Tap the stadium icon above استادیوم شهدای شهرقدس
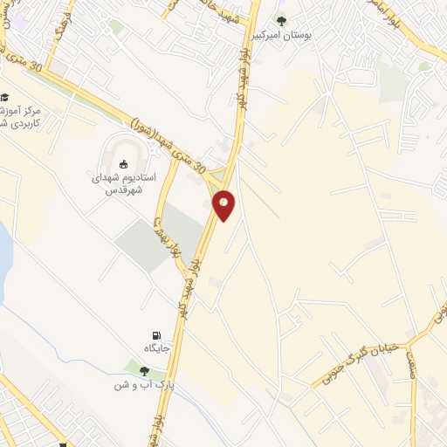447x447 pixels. pyautogui.click(x=124, y=163)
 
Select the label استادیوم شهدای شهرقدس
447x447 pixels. pyautogui.click(x=124, y=183)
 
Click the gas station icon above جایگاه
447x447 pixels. pyautogui.click(x=156, y=335)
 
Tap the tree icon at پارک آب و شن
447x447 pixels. pyautogui.click(x=144, y=370)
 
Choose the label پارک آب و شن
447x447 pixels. pyautogui.click(x=144, y=384)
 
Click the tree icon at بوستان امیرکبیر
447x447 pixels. pyautogui.click(x=281, y=20)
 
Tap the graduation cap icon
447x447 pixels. pyautogui.click(x=5, y=98)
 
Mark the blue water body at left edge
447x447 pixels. pyautogui.click(x=3, y=249)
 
